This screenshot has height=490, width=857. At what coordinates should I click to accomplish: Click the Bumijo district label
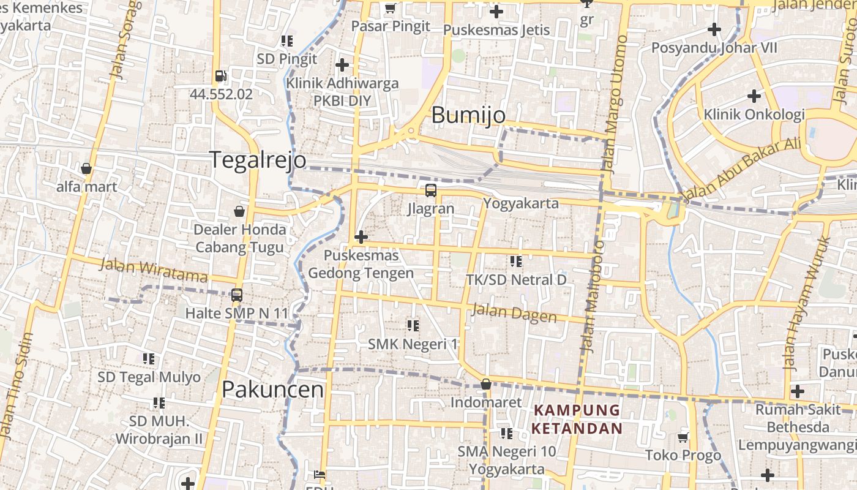coord(468,115)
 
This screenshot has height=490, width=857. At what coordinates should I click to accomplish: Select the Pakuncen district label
coord(272,390)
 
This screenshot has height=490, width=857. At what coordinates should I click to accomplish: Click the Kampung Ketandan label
coord(576,419)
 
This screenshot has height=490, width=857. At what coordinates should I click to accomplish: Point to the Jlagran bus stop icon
coord(431,190)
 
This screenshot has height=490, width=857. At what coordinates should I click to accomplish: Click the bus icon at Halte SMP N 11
coord(237,295)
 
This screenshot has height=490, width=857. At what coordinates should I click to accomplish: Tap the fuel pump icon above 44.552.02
coord(220,77)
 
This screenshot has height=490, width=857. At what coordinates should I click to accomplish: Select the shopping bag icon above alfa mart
coord(86,168)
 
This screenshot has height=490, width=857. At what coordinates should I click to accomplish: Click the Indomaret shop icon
coord(486,385)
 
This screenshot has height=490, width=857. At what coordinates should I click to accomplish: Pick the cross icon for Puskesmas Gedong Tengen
coord(361,237)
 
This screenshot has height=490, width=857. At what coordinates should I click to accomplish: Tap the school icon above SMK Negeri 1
coord(413,326)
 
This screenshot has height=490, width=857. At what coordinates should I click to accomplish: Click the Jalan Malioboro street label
coord(593,297)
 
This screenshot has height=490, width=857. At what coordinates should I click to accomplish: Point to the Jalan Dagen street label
coord(514,314)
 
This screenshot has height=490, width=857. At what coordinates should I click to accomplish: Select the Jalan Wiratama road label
coord(153,270)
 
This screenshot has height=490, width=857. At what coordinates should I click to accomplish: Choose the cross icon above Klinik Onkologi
coord(754,96)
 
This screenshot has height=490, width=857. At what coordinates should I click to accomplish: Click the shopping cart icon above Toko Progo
coord(683,437)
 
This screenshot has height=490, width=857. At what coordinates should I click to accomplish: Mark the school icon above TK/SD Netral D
coord(516,262)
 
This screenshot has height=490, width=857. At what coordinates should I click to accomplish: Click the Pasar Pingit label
coord(391,26)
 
